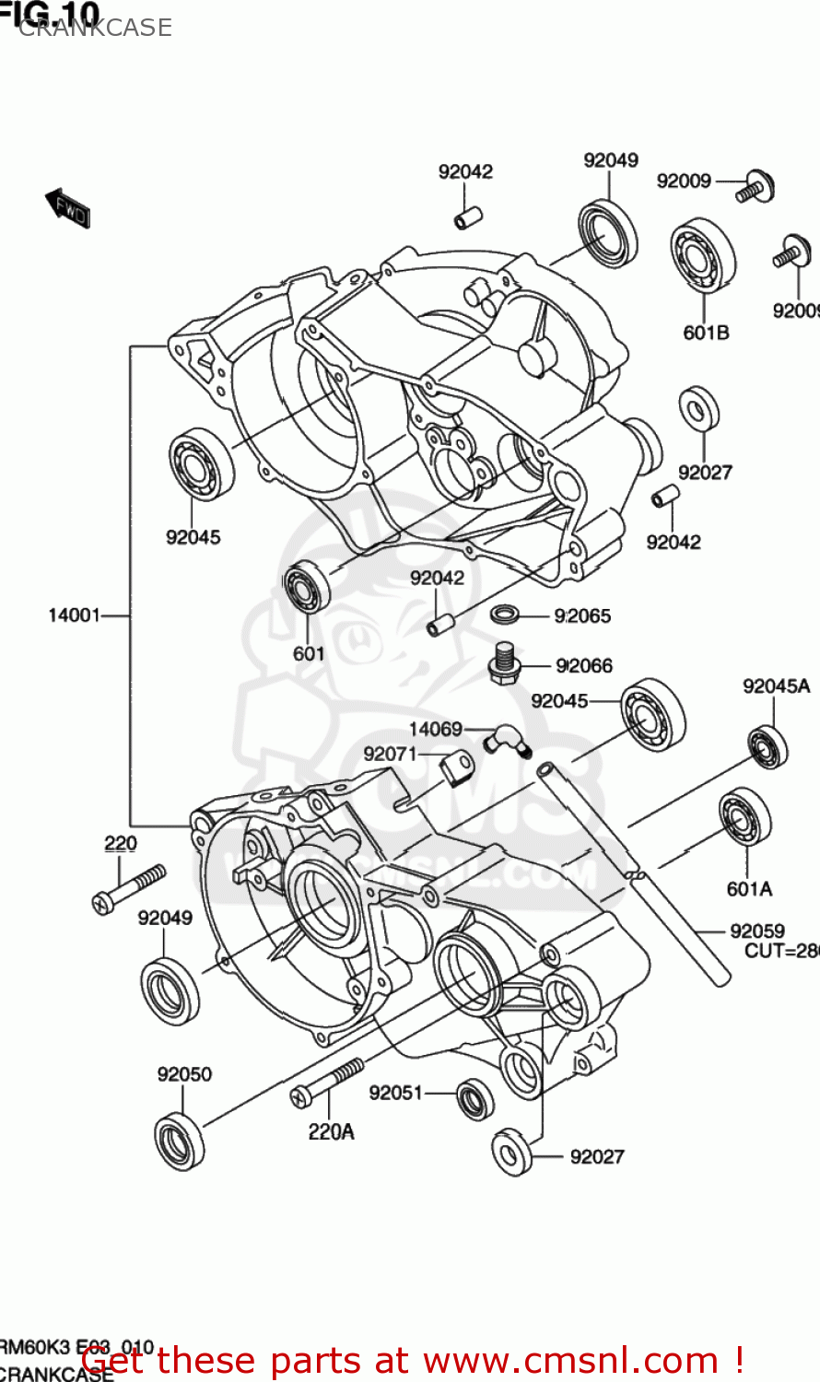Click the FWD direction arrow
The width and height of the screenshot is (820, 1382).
[x=67, y=208]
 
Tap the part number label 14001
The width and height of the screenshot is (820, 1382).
[x=74, y=615]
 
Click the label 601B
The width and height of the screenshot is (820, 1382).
[x=706, y=333]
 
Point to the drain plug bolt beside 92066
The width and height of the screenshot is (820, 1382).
[x=504, y=663]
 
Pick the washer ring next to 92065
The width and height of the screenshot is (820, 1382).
[x=504, y=614]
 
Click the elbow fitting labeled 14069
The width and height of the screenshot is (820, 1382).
[x=508, y=739]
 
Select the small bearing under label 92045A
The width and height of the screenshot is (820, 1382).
[x=767, y=746]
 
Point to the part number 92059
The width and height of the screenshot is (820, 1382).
[x=756, y=931]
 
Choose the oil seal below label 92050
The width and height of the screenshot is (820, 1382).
[x=179, y=1142]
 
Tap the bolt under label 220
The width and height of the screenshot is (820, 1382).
[x=129, y=888]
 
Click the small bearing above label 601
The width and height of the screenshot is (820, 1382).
[x=306, y=586]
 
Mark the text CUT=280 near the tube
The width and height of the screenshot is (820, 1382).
[x=781, y=951]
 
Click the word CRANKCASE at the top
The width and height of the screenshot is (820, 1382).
[x=95, y=28]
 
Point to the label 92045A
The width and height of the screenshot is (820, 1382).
[x=776, y=685]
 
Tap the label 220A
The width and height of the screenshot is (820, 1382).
[x=331, y=1132]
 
